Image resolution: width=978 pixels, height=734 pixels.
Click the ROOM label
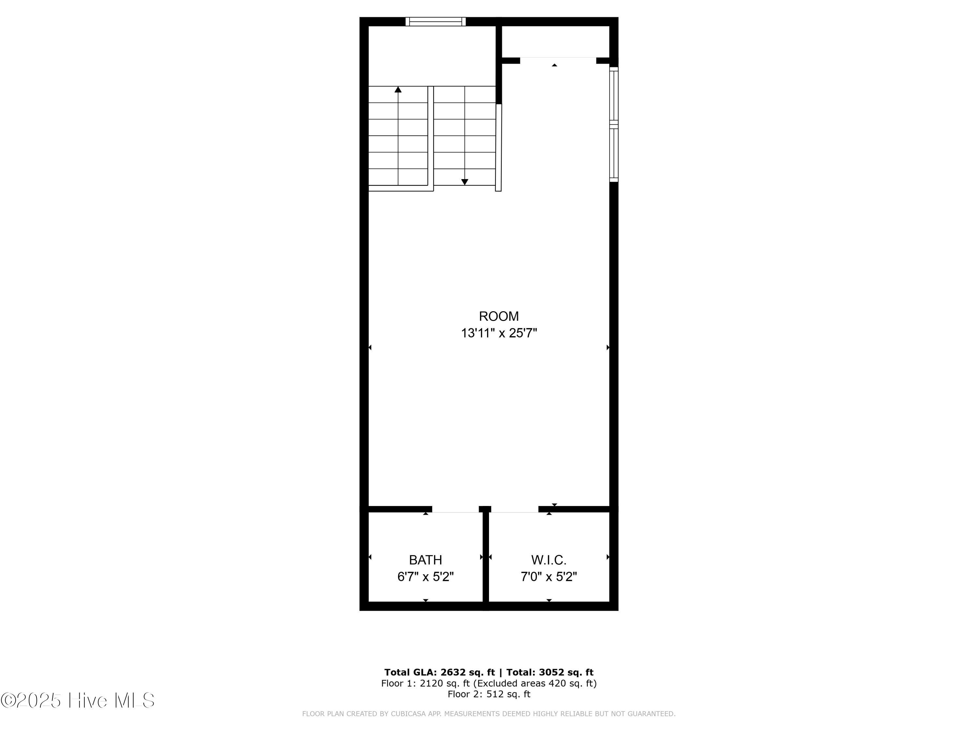(x=499, y=316)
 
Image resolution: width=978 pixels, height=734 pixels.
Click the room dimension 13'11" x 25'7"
(x=499, y=333)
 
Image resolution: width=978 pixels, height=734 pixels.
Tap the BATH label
(x=425, y=560)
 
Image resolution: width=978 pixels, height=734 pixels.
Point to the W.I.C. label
(x=549, y=560)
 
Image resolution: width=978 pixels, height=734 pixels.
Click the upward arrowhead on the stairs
(x=398, y=90)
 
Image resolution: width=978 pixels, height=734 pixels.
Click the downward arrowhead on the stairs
(x=465, y=182)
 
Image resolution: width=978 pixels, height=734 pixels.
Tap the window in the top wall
(x=436, y=21)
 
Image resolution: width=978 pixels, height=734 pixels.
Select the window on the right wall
(x=614, y=124)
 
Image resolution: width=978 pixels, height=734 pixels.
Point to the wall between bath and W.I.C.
(x=485, y=558)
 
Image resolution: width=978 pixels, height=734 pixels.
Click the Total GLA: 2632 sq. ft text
(x=439, y=672)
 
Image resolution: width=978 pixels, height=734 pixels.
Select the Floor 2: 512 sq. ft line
(x=489, y=694)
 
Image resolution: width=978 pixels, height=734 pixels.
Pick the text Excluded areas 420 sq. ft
(x=535, y=683)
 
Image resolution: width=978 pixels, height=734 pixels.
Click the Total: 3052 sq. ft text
(x=550, y=672)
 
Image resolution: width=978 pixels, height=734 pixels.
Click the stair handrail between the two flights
(x=431, y=137)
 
